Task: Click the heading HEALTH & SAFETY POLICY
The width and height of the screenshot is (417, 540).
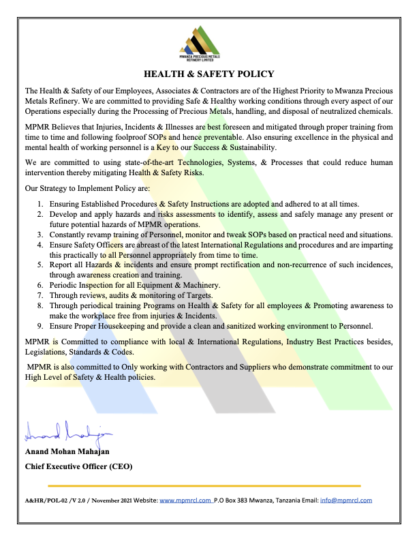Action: tap(208, 74)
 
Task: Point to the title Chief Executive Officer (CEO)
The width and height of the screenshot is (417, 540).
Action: tap(78, 467)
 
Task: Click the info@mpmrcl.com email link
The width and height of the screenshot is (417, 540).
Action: tap(347, 500)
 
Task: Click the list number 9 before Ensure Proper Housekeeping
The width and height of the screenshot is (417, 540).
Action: tap(41, 326)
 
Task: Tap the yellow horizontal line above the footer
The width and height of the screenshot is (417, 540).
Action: tap(204, 485)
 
